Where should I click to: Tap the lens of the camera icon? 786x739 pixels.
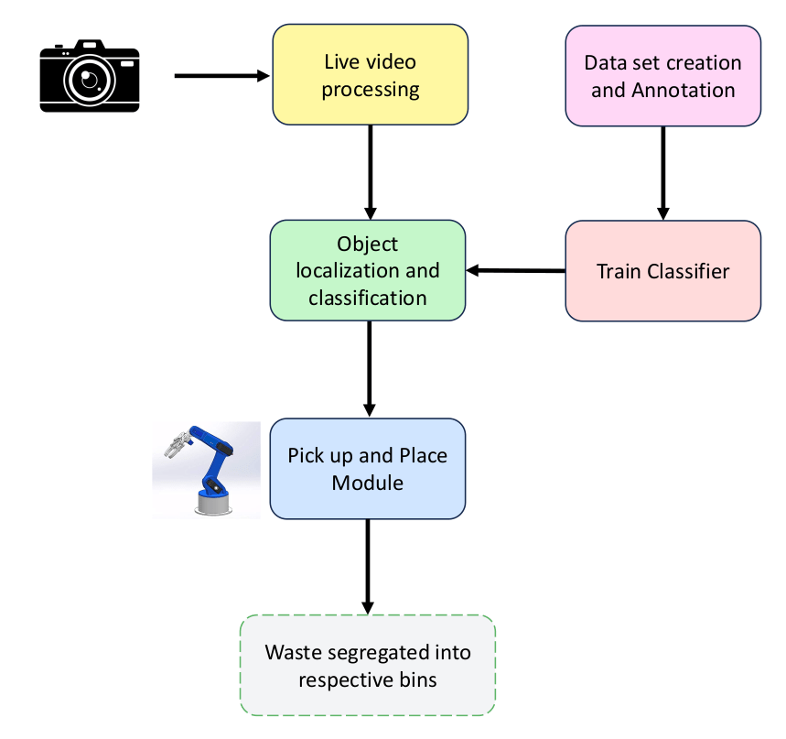[x=90, y=80]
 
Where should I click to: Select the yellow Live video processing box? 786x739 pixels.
[x=371, y=75]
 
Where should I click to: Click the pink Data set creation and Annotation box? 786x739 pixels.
[x=663, y=75]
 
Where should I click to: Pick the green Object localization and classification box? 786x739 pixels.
[x=368, y=271]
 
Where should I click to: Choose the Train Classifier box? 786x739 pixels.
[x=663, y=271]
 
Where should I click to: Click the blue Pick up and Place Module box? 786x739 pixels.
[x=368, y=469]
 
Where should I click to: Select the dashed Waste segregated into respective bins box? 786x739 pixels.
[x=368, y=666]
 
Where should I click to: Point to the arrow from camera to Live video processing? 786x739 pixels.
[x=222, y=76]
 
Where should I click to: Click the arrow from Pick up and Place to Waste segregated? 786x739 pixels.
[x=368, y=566]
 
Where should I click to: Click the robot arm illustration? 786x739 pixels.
[x=207, y=469]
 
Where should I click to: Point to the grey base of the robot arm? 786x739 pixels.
[x=212, y=502]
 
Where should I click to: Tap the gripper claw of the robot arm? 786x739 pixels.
[x=173, y=445]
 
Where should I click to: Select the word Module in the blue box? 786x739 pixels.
[x=368, y=482]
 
